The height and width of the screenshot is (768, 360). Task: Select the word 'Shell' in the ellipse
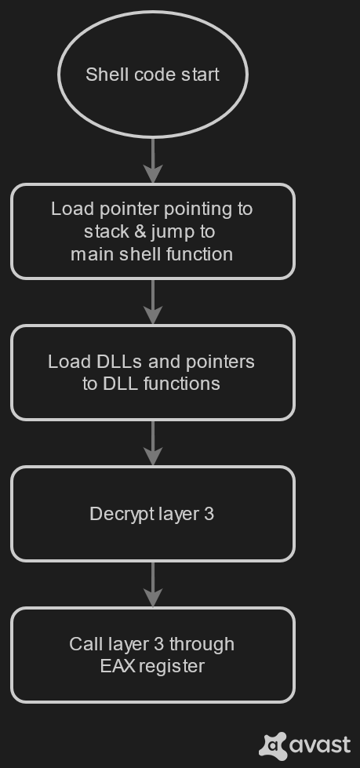point(102,75)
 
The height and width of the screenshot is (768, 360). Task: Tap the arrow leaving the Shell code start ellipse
point(153,161)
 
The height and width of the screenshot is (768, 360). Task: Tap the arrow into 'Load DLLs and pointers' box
point(153,302)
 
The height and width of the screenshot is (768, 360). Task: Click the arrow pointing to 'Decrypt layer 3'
point(153,442)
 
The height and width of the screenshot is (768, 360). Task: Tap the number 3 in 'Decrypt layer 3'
point(209,514)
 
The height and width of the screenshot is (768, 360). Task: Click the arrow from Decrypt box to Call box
point(153,584)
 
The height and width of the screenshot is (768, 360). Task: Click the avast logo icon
point(273,746)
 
